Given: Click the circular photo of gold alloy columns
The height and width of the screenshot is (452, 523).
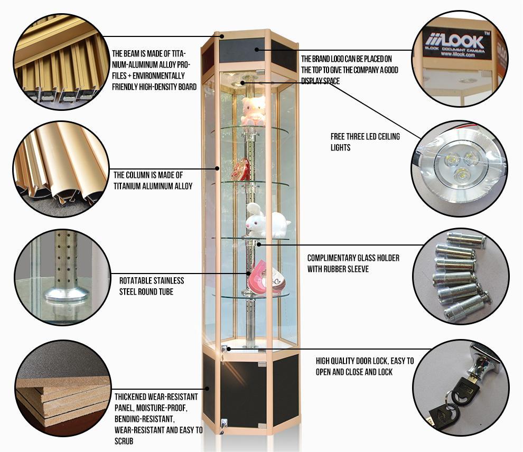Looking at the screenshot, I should [62, 168].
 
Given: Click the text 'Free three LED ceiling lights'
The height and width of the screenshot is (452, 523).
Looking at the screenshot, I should [365, 142].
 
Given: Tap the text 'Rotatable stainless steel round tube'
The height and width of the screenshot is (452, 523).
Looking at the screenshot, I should [151, 286].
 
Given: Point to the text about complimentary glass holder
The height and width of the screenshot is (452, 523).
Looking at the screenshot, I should [353, 263].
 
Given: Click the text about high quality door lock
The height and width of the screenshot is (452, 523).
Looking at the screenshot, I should [365, 366].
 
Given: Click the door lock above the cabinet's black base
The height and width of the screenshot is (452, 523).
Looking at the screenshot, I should [225, 350].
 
